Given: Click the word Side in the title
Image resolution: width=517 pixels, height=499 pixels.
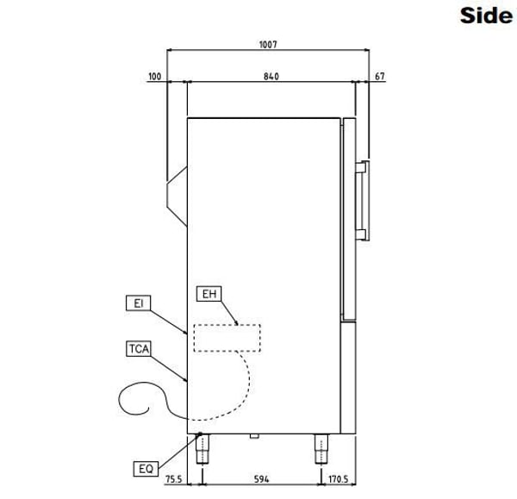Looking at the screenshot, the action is (486, 16).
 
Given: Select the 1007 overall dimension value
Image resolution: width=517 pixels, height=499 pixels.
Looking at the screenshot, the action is (268, 45).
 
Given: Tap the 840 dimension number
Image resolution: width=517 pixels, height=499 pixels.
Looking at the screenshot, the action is (271, 77).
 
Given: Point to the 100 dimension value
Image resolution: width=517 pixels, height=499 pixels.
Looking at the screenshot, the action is (154, 77).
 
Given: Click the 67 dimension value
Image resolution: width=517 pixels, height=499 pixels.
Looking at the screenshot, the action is (380, 77).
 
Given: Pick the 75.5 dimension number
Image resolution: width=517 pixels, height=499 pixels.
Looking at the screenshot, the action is (173, 479).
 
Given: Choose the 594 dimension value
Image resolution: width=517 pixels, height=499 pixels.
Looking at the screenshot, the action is (261, 479).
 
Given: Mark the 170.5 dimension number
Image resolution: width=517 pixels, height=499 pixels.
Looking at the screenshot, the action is (338, 479).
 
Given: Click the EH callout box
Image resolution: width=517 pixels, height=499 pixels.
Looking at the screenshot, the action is (209, 294).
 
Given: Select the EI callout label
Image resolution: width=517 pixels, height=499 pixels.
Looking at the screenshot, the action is (139, 303).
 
